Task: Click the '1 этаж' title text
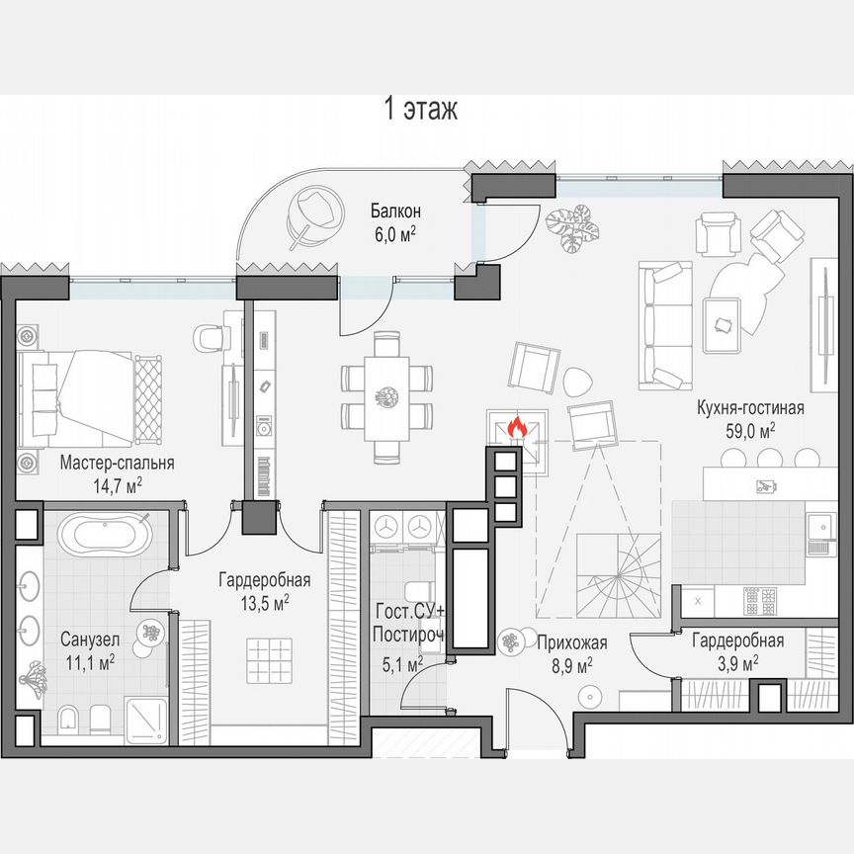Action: [420, 109]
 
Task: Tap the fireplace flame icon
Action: [516, 428]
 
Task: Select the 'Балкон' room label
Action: [396, 211]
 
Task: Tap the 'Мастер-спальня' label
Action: [117, 463]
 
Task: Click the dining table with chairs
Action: [387, 396]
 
